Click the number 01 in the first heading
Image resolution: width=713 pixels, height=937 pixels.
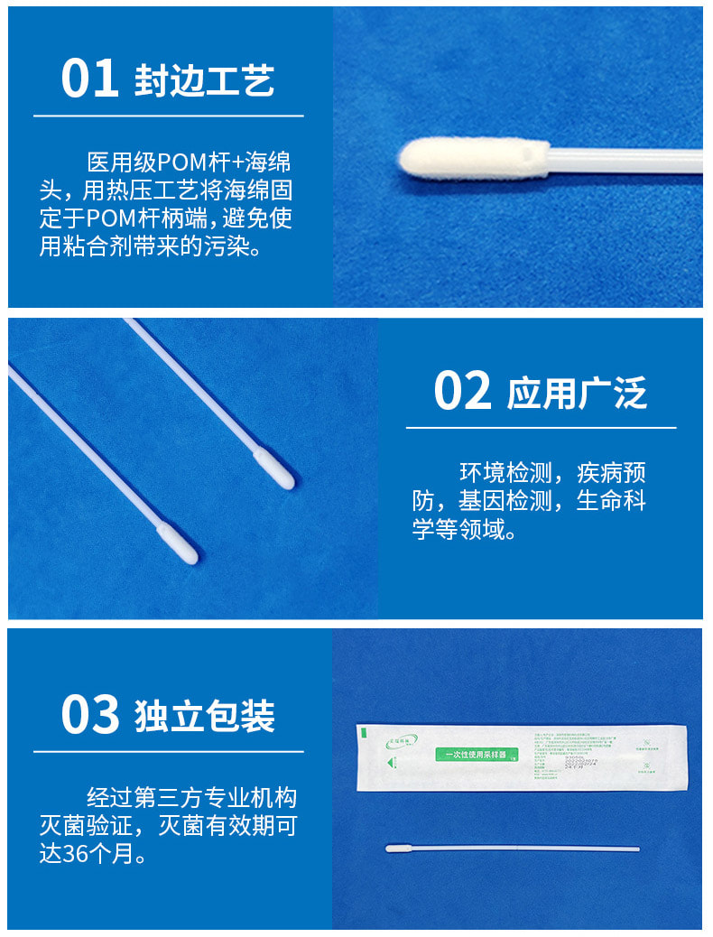tap(89, 79)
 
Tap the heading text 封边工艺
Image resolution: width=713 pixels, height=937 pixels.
tap(204, 80)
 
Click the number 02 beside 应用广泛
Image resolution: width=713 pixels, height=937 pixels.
tap(462, 391)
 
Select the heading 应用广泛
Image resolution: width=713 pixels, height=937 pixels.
tap(578, 394)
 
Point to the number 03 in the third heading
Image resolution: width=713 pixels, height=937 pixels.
tap(89, 714)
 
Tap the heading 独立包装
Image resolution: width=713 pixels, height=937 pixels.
tap(204, 716)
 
